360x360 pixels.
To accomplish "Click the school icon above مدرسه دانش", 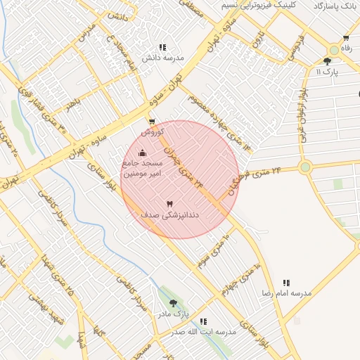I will coord(163,47).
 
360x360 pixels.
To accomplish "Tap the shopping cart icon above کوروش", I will coord(152,122).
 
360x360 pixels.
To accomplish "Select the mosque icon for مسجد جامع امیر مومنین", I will coord(143,153).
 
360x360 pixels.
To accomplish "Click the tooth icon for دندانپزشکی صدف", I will coord(169,204).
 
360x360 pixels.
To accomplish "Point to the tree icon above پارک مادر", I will coord(173,303).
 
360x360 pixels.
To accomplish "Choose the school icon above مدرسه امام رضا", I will coord(286,283).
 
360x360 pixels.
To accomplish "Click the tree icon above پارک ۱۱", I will coord(327,62).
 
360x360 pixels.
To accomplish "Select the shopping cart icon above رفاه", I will coord(346,39).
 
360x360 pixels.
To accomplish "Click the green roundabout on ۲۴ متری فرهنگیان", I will coord(304,167).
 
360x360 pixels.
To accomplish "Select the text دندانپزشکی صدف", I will coord(169,215).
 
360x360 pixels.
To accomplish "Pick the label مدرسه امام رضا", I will coord(287,292).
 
